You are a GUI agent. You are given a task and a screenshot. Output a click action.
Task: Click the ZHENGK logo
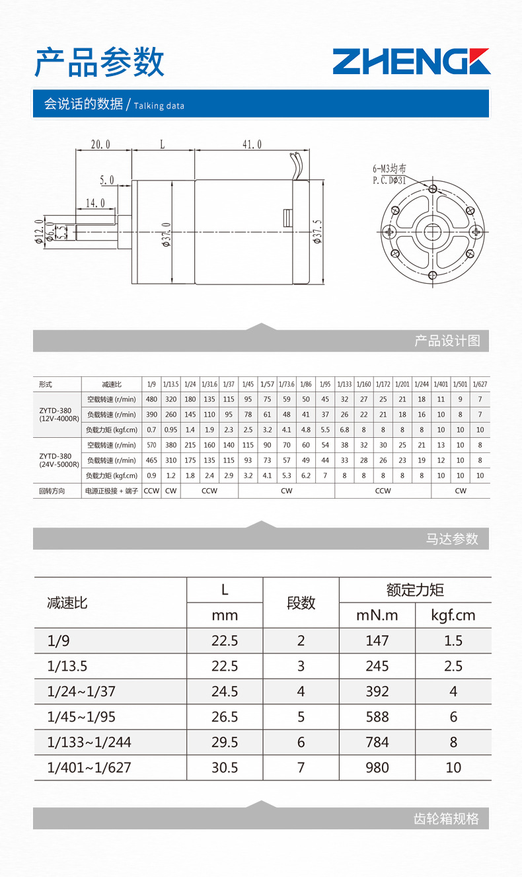click(x=411, y=62)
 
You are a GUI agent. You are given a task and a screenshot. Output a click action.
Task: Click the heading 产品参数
click(x=99, y=62)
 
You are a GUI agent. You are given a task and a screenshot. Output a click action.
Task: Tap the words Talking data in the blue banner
click(x=159, y=106)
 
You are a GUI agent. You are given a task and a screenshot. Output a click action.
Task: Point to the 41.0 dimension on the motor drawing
click(x=252, y=144)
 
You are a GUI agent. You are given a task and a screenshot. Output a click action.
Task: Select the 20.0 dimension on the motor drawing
click(x=100, y=144)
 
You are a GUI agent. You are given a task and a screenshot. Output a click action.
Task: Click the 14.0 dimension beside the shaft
click(x=95, y=203)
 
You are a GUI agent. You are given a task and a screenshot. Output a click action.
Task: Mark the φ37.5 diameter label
click(x=318, y=232)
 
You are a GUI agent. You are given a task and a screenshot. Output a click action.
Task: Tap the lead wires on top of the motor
click(x=296, y=166)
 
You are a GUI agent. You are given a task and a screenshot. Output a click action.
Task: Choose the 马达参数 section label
click(x=452, y=539)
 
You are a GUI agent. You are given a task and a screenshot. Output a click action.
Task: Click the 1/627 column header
click(x=480, y=384)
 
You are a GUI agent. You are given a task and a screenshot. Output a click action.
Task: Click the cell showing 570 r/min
click(x=151, y=445)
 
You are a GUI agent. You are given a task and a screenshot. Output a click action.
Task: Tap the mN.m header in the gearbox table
click(x=377, y=615)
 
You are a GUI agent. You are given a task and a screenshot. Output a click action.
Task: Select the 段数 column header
click(x=301, y=603)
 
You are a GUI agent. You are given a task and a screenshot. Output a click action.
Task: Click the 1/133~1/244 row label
click(x=89, y=742)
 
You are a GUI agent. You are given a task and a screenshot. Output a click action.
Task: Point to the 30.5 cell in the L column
click(x=225, y=768)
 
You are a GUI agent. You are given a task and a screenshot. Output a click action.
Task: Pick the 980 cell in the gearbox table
click(x=377, y=768)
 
